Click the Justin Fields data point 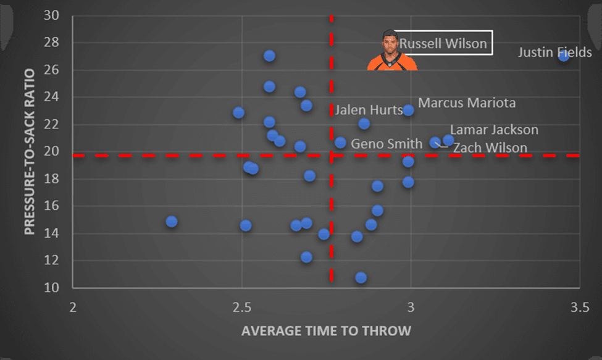pos(563,56)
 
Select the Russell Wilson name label pos(443,44)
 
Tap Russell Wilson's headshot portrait pos(391,51)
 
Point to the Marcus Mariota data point pos(408,110)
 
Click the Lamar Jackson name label pos(494,130)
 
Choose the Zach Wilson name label pos(490,148)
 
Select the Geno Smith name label pos(378,144)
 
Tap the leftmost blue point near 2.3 pos(172,221)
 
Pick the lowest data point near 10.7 pos(361,277)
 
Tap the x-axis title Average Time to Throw pos(326,331)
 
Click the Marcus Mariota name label pos(466,103)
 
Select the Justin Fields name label pos(554,52)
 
